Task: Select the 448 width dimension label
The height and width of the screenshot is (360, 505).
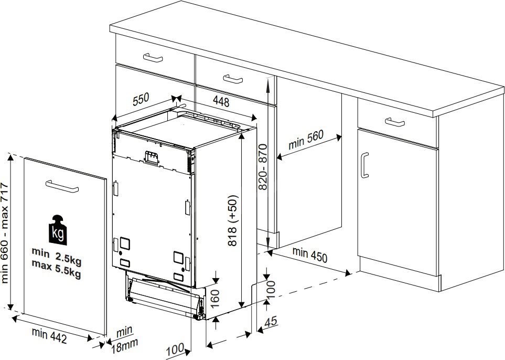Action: coord(221,102)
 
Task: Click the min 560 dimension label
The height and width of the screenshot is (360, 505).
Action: coord(306,139)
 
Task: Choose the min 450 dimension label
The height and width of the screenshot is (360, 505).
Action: coord(310,255)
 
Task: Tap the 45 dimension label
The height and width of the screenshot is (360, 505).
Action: coord(271,322)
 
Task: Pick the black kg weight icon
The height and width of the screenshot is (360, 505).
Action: coord(58,229)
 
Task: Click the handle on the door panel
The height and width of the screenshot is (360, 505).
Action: coord(62,186)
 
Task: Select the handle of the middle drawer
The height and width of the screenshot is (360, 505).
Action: coord(233,79)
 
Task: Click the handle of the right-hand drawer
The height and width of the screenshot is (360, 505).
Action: coord(395,122)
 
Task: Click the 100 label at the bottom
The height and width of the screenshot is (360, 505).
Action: coord(175,348)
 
